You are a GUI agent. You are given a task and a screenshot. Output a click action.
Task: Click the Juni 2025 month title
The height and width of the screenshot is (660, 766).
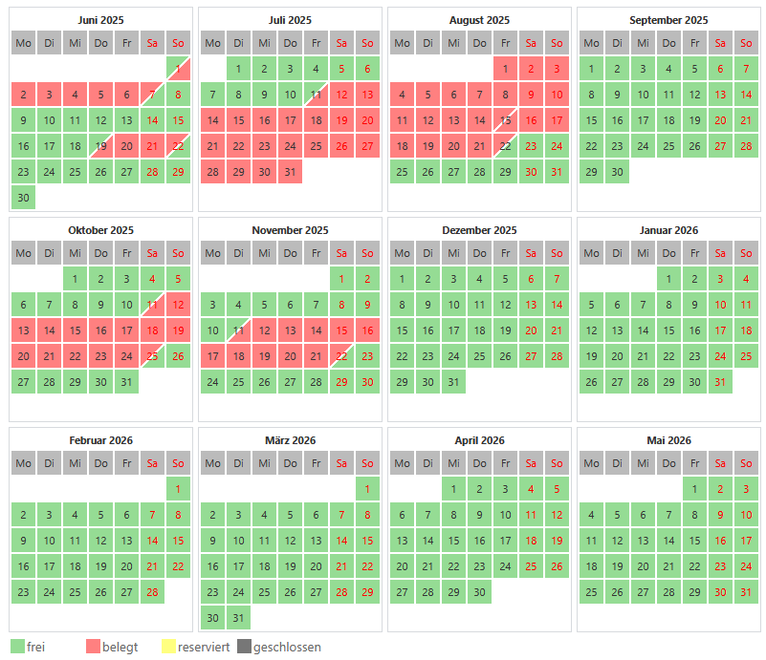point(100,20)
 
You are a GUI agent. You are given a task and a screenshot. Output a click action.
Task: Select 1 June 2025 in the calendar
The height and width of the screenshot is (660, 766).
point(177,69)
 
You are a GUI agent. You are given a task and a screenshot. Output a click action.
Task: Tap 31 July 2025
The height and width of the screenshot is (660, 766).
point(290,172)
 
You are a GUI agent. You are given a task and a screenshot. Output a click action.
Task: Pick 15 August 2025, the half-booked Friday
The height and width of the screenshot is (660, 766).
point(504,120)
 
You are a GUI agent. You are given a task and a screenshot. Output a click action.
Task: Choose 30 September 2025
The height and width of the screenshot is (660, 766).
point(618,172)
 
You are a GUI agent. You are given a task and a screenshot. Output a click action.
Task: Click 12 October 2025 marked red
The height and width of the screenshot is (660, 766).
point(177,305)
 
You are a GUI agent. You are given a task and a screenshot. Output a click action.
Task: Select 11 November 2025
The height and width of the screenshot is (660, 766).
point(238,330)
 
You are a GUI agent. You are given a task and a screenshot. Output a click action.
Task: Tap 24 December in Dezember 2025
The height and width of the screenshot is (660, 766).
point(453,356)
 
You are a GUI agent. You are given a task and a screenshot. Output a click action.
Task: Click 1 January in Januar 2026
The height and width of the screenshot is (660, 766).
point(669,279)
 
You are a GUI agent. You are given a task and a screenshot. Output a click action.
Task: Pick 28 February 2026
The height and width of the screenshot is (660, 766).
point(151,592)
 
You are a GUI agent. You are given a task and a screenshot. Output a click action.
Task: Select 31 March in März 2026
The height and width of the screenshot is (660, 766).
point(238,618)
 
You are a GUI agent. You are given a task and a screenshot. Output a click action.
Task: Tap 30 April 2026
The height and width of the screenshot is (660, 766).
point(479,592)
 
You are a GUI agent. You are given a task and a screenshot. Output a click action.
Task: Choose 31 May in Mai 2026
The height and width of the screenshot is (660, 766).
point(746,592)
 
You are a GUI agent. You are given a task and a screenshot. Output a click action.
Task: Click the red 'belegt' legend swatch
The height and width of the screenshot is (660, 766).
point(93,647)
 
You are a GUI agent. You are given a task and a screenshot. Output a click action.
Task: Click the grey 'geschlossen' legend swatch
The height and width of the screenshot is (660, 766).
point(244,647)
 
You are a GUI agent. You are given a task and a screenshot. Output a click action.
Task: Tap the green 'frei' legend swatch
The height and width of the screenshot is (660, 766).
point(16,647)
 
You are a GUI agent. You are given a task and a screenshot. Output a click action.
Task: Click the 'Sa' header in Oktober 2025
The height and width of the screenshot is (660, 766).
point(151,253)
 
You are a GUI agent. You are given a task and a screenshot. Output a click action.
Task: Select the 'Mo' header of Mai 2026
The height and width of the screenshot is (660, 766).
point(592,463)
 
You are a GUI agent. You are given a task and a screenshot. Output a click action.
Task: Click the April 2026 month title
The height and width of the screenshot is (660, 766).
point(479,440)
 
